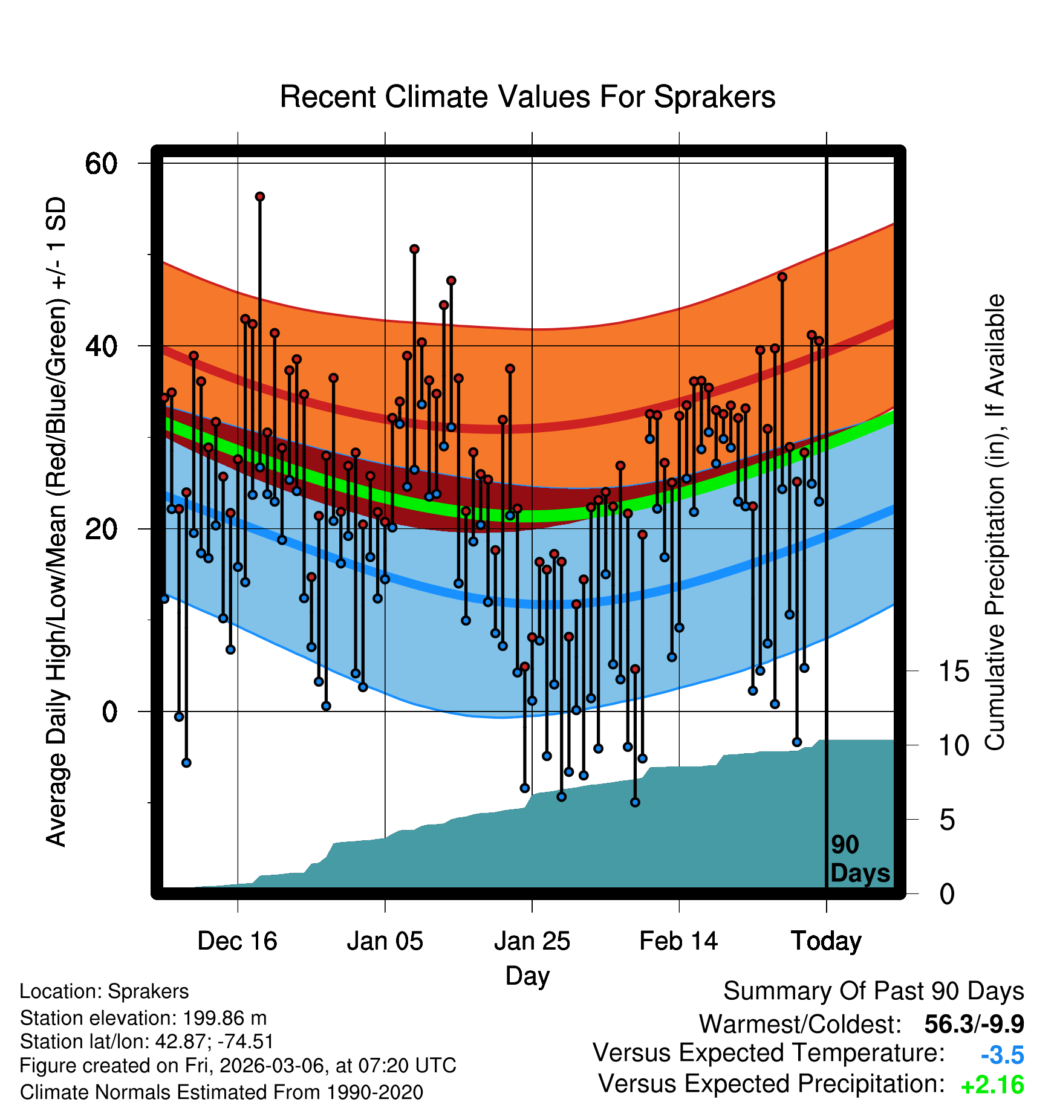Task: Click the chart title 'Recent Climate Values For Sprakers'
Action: pyautogui.click(x=527, y=97)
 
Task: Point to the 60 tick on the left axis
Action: pyautogui.click(x=101, y=163)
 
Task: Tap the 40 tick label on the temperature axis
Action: pyautogui.click(x=101, y=346)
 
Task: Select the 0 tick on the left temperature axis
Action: pyautogui.click(x=109, y=711)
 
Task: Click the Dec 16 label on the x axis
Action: pyautogui.click(x=237, y=941)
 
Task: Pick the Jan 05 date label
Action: pyautogui.click(x=385, y=941)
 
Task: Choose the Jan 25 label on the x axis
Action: pyautogui.click(x=532, y=941)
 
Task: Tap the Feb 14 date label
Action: pyautogui.click(x=678, y=941)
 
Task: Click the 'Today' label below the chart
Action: pyautogui.click(x=826, y=941)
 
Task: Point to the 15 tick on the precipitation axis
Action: pyautogui.click(x=954, y=671)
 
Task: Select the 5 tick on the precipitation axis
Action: pyautogui.click(x=947, y=820)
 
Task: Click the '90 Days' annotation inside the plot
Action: pyautogui.click(x=859, y=859)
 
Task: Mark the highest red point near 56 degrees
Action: pyautogui.click(x=259, y=196)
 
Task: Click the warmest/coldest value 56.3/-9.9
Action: pyautogui.click(x=974, y=1024)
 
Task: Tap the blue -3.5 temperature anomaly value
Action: pyautogui.click(x=1002, y=1055)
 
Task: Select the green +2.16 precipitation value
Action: pyautogui.click(x=992, y=1085)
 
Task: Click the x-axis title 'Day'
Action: pyautogui.click(x=527, y=975)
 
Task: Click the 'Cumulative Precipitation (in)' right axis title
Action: pyautogui.click(x=995, y=522)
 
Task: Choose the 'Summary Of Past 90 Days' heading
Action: pyautogui.click(x=873, y=991)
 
